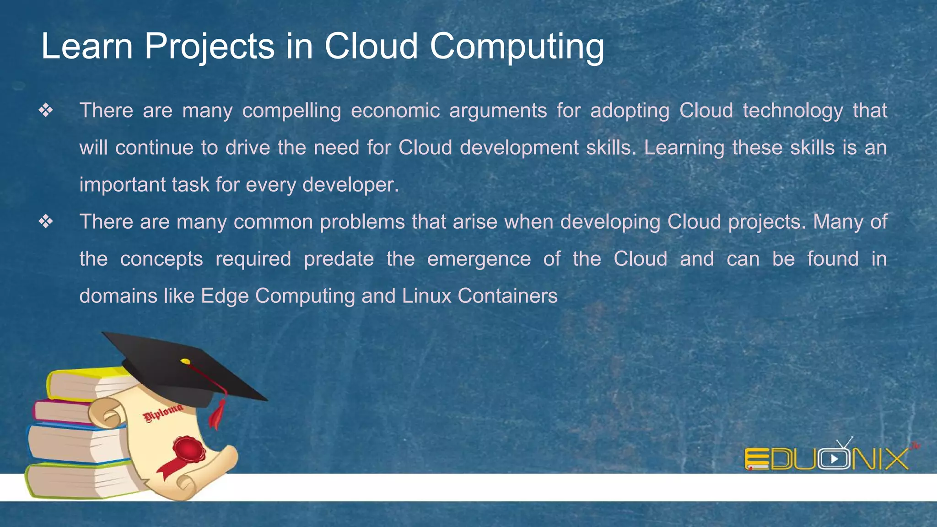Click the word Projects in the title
[209, 47]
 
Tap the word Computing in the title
[517, 47]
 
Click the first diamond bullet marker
[46, 110]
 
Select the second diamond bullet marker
[46, 222]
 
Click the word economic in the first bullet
[395, 111]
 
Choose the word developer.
[350, 185]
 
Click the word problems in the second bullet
[362, 222]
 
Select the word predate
[339, 259]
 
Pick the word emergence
[479, 259]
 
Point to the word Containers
[507, 296]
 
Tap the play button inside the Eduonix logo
[834, 459]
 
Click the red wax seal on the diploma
[188, 448]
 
